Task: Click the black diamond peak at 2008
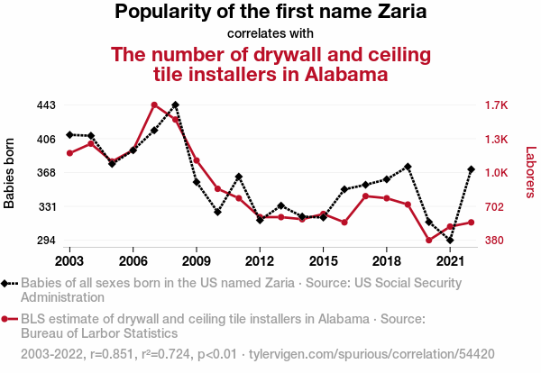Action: point(175,105)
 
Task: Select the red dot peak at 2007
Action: point(154,105)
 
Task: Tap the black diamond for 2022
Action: point(471,169)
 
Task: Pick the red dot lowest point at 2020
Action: point(429,240)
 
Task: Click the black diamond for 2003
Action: point(69,135)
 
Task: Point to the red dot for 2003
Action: point(69,153)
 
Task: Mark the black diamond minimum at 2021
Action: point(450,240)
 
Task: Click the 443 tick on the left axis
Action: point(46,105)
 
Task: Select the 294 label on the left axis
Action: point(46,240)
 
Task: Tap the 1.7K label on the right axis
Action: point(496,105)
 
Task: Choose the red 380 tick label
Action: point(494,240)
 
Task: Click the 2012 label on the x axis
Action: point(260,261)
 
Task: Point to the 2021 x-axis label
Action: point(450,261)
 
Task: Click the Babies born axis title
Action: point(9,173)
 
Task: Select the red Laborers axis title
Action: point(531,172)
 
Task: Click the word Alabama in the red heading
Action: point(346,75)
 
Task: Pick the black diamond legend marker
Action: point(9,284)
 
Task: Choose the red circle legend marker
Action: point(9,319)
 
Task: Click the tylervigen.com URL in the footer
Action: point(371,354)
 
